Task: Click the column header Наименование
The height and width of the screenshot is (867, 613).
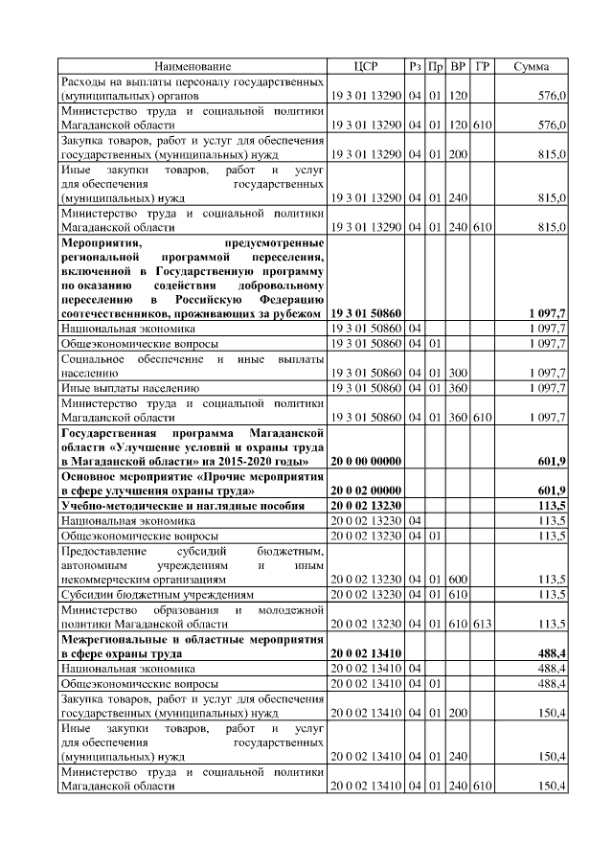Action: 193,66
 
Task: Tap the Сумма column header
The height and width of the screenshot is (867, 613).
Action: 531,66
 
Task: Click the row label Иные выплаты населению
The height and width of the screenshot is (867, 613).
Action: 129,388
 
